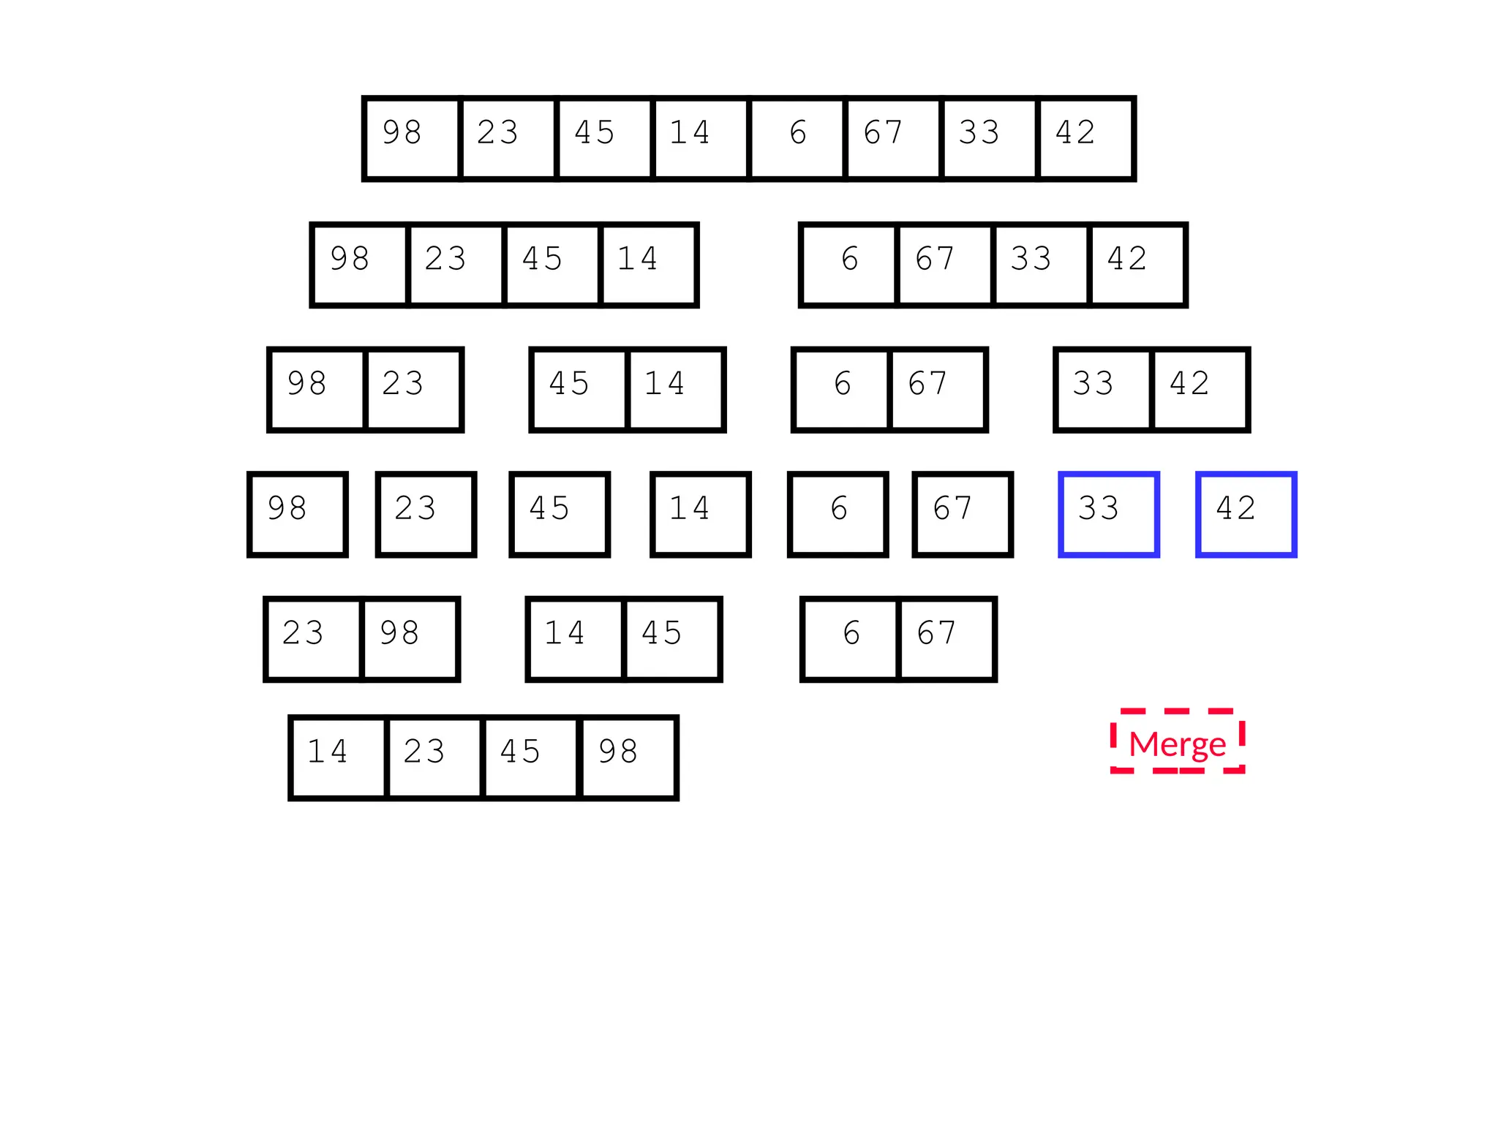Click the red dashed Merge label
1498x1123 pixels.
[1177, 741]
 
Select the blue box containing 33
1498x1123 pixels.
[1108, 514]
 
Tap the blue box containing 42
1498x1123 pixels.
[1246, 514]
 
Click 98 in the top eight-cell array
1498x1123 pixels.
[412, 138]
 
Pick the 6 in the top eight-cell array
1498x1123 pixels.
[797, 138]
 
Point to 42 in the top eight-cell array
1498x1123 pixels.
[1085, 138]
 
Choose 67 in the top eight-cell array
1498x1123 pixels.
[893, 138]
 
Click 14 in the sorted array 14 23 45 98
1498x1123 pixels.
[338, 757]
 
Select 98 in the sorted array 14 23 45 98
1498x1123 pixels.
[628, 757]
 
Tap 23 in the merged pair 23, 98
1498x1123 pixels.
[313, 639]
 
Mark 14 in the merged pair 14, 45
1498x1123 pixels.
[575, 639]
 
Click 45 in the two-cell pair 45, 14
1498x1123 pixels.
[579, 390]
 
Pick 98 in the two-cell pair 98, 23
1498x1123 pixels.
[317, 390]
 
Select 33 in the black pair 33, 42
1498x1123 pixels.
[1103, 390]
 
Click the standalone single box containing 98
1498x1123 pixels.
[297, 514]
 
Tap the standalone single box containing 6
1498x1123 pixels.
[838, 514]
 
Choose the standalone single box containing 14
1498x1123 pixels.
[700, 514]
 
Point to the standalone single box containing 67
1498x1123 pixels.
[962, 514]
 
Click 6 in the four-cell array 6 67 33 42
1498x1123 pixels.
[848, 265]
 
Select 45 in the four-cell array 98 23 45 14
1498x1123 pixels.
[552, 265]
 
